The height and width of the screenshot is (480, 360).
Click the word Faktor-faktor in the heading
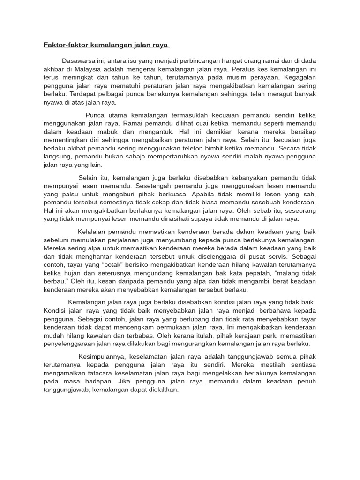click(63, 45)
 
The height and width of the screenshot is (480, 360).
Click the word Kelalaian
click(94, 232)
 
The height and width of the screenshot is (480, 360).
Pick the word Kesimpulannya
click(101, 357)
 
